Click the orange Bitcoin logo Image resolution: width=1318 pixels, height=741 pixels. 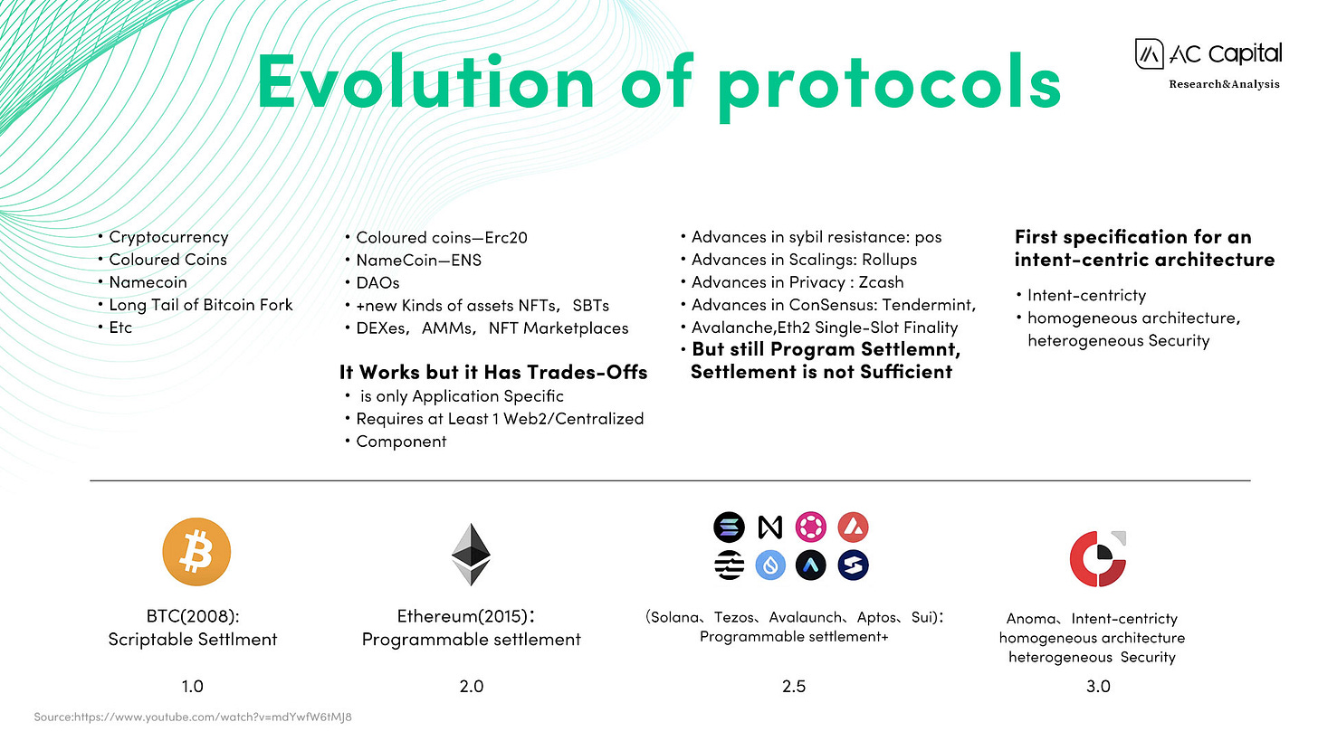196,552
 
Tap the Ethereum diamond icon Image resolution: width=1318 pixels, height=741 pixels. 471,554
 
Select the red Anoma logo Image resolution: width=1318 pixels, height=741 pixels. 1098,559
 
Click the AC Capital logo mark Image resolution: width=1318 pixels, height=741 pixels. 1149,54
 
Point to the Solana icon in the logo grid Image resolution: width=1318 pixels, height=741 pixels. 729,527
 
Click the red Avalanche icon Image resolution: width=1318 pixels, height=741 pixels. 853,527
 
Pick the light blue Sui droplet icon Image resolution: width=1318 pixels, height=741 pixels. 770,565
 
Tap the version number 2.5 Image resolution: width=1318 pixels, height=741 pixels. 794,687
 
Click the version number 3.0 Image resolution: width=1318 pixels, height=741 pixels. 1098,687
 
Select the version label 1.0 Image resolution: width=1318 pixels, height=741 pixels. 193,687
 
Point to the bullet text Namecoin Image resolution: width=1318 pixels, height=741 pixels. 148,282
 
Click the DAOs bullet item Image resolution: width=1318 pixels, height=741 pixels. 377,283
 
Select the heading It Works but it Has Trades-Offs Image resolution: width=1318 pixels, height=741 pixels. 493,372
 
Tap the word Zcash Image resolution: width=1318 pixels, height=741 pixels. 881,282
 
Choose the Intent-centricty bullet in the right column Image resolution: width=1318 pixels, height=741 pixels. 1087,295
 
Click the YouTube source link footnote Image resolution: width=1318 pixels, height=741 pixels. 193,717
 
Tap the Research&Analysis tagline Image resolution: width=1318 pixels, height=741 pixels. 1224,84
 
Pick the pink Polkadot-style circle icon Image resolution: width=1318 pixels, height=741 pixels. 811,527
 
